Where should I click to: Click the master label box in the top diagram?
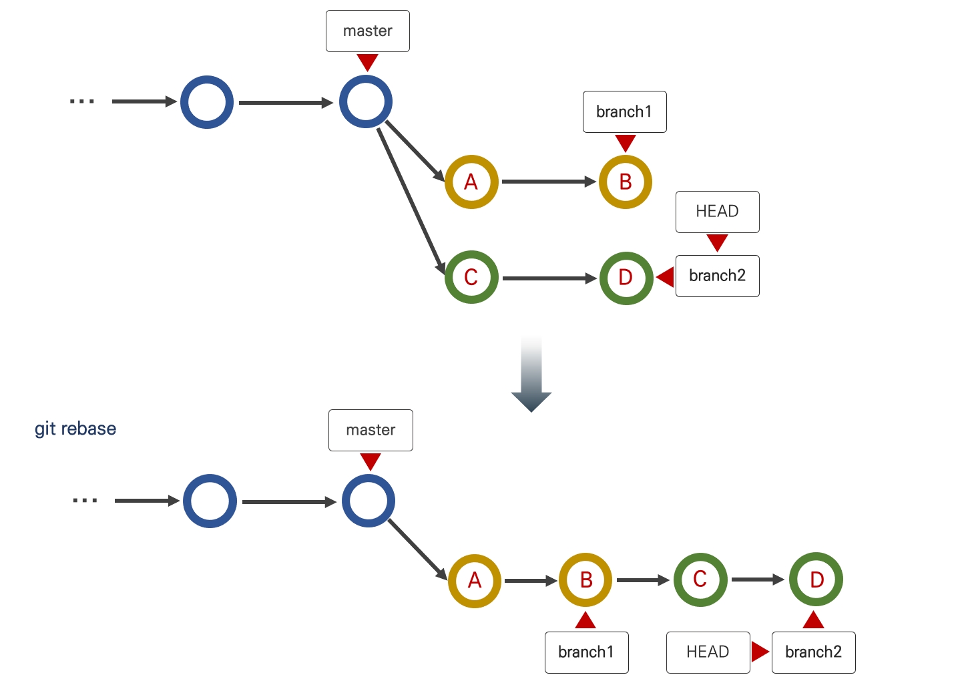click(367, 31)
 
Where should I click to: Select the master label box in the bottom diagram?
click(371, 430)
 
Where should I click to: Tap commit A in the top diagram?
click(471, 182)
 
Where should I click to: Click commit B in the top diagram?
click(625, 182)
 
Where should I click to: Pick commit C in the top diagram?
click(471, 277)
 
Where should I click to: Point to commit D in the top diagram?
click(626, 278)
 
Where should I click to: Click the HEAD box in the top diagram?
click(717, 212)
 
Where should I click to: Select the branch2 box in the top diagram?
click(717, 276)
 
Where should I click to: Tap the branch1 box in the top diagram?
click(624, 111)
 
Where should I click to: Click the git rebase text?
click(75, 429)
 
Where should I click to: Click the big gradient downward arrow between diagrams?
click(531, 378)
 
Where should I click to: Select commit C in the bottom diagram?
click(700, 580)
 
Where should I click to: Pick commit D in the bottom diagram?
click(816, 580)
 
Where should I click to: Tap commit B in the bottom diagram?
click(585, 580)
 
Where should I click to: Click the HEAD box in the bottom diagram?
click(708, 652)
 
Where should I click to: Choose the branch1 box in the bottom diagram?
click(586, 652)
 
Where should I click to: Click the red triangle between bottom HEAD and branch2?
click(759, 652)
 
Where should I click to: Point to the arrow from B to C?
click(642, 580)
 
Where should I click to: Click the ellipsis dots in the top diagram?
click(82, 101)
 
